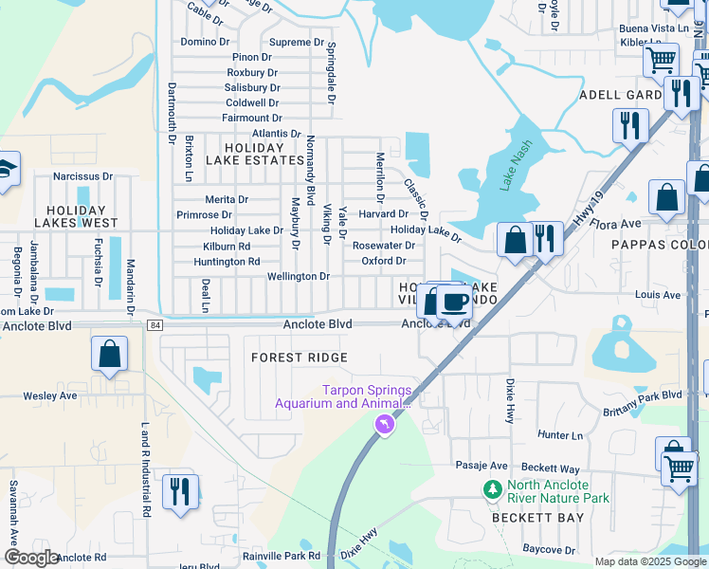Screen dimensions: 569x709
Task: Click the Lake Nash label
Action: pyautogui.click(x=518, y=166)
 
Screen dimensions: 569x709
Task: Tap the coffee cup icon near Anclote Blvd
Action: pyautogui.click(x=454, y=303)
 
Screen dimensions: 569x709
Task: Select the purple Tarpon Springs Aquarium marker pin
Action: pyautogui.click(x=384, y=429)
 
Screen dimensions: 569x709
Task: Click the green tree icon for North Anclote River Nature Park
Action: pyautogui.click(x=492, y=489)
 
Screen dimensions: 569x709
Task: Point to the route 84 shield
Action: pyautogui.click(x=155, y=325)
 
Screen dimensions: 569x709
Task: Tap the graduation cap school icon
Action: pyautogui.click(x=5, y=171)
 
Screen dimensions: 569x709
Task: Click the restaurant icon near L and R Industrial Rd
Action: pyautogui.click(x=178, y=492)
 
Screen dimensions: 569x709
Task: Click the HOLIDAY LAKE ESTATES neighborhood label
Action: pyautogui.click(x=253, y=155)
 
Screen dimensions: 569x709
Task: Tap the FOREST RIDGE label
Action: pyautogui.click(x=299, y=358)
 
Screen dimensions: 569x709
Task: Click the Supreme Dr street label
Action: pyautogui.click(x=297, y=43)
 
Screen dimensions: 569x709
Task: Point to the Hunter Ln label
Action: pyautogui.click(x=559, y=434)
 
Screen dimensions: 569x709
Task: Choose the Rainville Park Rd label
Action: pyautogui.click(x=282, y=556)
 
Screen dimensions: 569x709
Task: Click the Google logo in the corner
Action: pyautogui.click(x=31, y=558)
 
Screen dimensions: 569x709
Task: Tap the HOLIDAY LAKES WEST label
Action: pyautogui.click(x=76, y=216)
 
